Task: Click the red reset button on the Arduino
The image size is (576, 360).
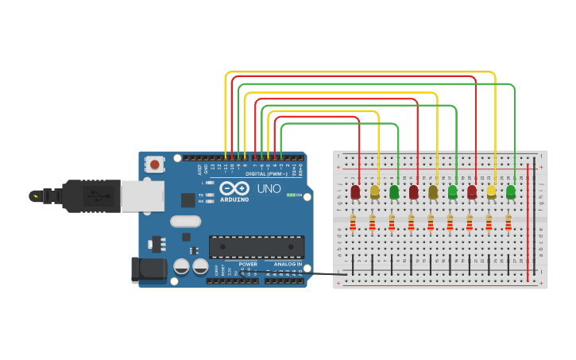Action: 154,165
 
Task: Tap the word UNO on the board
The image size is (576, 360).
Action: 269,188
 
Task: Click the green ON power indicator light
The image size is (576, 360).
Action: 291,195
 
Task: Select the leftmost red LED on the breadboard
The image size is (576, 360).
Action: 355,192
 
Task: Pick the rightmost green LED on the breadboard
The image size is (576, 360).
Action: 511,192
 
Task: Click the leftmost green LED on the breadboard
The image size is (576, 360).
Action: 394,192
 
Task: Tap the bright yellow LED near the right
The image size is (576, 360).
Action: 491,192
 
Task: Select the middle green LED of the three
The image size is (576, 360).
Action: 453,192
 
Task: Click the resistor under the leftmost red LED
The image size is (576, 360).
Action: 354,223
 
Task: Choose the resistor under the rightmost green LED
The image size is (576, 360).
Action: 508,223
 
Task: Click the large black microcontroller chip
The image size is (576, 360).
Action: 256,246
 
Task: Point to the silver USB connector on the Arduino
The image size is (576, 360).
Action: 144,196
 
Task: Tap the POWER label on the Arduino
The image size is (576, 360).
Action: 248,264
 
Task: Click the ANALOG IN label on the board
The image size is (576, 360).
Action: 288,264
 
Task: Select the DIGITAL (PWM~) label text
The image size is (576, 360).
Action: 267,173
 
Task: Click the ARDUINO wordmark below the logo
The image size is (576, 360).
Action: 235,199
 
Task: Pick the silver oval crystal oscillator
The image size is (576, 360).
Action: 185,222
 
